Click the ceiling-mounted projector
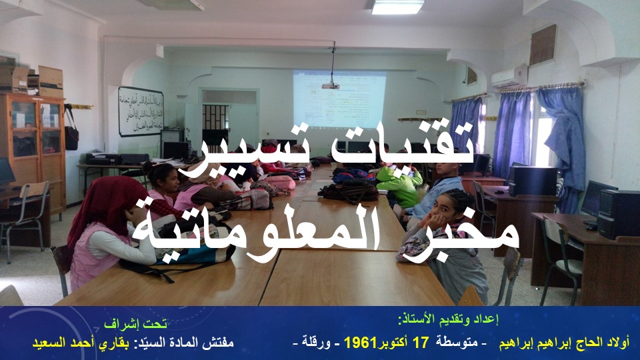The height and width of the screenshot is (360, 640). click(331, 85)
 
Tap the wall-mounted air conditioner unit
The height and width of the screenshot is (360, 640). click(509, 76)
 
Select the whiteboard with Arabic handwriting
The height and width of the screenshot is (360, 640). click(141, 111)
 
